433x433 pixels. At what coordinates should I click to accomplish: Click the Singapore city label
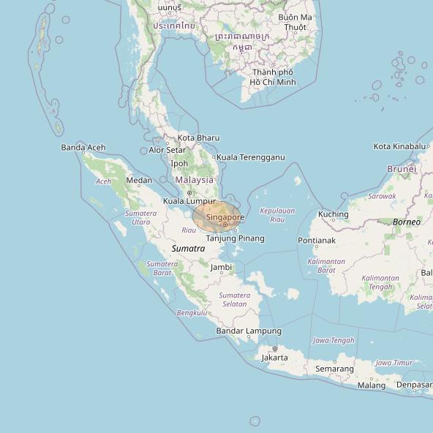(x=225, y=217)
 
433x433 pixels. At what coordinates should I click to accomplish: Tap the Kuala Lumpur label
(x=189, y=201)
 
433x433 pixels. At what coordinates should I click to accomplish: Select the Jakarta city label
(x=274, y=358)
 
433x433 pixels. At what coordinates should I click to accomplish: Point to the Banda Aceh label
(x=83, y=148)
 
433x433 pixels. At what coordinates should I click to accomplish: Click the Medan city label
(x=140, y=181)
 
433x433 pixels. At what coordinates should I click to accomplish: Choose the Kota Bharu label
(x=198, y=138)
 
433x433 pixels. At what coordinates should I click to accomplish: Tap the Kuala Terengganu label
(x=250, y=157)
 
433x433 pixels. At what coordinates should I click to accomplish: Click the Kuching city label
(x=334, y=214)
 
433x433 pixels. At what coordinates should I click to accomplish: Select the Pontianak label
(x=317, y=240)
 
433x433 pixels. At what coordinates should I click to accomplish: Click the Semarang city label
(x=334, y=369)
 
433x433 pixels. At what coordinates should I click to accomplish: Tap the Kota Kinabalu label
(x=399, y=146)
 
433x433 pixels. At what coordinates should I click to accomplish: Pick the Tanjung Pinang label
(x=235, y=238)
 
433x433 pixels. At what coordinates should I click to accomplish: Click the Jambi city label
(x=221, y=268)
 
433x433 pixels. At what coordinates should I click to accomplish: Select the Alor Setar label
(x=167, y=150)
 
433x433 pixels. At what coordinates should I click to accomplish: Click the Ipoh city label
(x=179, y=164)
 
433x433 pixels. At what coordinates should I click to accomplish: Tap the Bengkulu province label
(x=192, y=313)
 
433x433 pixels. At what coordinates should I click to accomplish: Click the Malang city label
(x=372, y=385)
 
